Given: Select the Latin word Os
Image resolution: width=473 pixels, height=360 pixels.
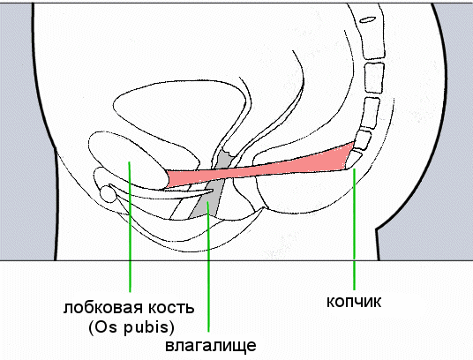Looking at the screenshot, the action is [102, 327].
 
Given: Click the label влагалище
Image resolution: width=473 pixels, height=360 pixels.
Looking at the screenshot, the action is [211, 346].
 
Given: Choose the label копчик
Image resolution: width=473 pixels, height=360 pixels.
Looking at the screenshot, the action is [354, 302].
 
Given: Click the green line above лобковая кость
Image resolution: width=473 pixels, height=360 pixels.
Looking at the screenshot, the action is [130, 227].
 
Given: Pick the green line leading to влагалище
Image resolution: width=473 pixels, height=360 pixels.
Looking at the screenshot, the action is [208, 266].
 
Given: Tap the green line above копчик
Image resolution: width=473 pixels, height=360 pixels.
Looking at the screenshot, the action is [355, 229].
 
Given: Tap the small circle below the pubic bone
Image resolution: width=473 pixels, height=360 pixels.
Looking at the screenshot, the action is [108, 194].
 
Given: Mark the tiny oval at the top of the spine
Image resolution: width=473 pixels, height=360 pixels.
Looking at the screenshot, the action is [368, 19].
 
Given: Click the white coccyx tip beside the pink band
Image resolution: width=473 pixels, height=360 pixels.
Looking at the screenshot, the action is [353, 159].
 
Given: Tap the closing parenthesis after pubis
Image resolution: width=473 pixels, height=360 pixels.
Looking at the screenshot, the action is [172, 328].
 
